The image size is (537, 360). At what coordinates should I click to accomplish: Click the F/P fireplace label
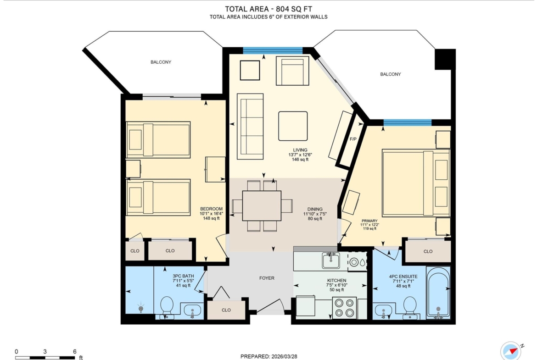coord(353,139)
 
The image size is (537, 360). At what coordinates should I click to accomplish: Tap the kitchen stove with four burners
coord(344,308)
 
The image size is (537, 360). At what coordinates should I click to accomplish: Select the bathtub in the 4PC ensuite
coord(438,293)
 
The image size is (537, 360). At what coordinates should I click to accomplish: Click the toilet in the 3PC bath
coord(167,307)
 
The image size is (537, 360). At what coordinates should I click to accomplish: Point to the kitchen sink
coord(330,261)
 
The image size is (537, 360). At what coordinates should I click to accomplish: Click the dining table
coord(262,205)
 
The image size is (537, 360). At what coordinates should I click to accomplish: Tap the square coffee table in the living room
coord(293,126)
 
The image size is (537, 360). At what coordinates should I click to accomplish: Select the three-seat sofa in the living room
coord(250,126)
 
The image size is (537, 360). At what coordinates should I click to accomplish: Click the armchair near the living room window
coord(292,71)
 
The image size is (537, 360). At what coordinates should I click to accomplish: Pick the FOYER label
coord(267,278)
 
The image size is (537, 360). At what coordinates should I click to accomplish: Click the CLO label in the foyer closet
coord(226,310)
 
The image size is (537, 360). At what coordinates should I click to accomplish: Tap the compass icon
coord(511,351)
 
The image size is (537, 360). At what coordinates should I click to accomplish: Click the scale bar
coord(45,358)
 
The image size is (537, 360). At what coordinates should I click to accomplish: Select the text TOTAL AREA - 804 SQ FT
coord(268,9)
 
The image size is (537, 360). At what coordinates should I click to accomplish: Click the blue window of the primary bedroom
coord(408,122)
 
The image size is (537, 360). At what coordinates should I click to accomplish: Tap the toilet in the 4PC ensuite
coord(409,307)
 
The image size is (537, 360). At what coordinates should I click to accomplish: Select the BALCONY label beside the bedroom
coord(161,62)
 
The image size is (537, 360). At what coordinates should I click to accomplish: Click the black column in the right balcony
coord(445,59)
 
